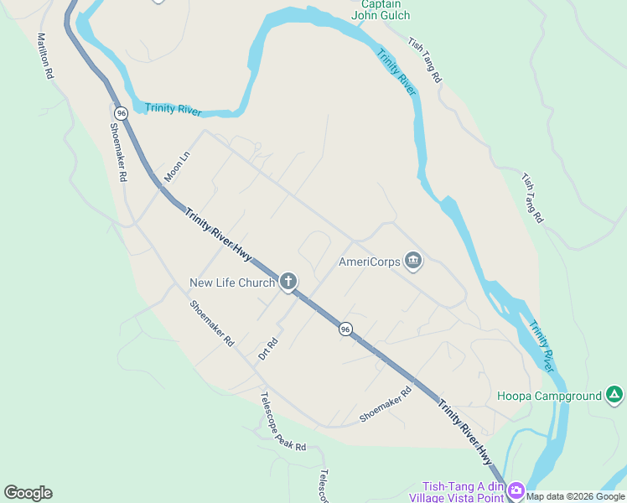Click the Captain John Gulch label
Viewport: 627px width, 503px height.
(x=381, y=9)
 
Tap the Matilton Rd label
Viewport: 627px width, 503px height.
(x=45, y=56)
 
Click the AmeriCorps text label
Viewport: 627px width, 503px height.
(x=369, y=262)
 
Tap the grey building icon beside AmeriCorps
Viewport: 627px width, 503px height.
(x=412, y=262)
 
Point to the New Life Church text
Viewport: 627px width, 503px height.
(x=232, y=283)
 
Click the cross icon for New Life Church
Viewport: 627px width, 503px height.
(x=288, y=282)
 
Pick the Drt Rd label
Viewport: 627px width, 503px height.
(x=267, y=349)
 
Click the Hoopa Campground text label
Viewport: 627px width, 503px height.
(x=549, y=396)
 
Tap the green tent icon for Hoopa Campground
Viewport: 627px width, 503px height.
(x=614, y=395)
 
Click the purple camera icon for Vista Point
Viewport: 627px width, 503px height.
(x=516, y=490)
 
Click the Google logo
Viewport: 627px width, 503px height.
(x=28, y=492)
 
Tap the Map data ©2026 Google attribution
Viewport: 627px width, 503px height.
(x=576, y=496)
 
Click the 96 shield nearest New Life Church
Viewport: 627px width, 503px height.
(x=345, y=329)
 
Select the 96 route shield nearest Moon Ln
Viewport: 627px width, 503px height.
(x=122, y=112)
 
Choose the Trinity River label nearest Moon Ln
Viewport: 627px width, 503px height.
(x=174, y=109)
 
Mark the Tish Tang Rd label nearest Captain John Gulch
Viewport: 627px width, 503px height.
(x=424, y=60)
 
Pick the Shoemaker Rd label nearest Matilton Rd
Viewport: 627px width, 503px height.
(x=117, y=153)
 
